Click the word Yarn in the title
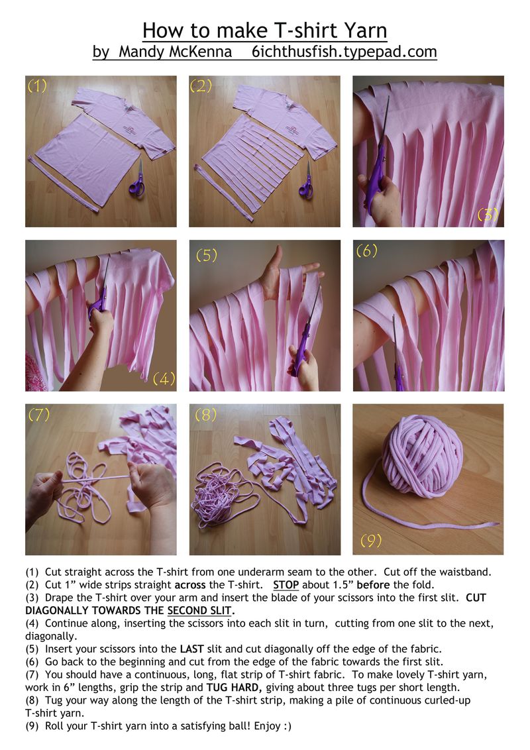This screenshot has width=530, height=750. point(364,30)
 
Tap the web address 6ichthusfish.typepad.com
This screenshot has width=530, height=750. point(344,52)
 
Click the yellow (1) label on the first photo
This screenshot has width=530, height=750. point(37,85)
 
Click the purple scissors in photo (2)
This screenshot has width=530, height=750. point(306,181)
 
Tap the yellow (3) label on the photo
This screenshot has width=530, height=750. point(488,215)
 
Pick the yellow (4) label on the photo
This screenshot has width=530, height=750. point(164,379)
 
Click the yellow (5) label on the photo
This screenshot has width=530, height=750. point(206,255)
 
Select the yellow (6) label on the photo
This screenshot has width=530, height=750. point(367,250)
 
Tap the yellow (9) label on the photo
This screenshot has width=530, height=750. point(371,541)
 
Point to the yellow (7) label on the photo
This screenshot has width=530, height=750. point(38,414)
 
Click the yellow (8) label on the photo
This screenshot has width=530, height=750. point(205,414)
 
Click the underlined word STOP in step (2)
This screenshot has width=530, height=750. point(286,585)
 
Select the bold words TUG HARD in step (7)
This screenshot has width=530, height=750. point(233,688)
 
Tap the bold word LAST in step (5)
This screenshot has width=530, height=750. point(192,649)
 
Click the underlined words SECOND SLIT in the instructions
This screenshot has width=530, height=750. point(199,611)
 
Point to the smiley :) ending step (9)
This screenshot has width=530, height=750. point(286,726)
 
